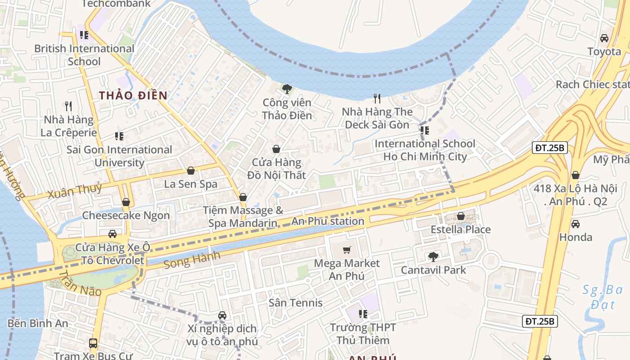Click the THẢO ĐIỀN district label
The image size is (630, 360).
coord(133,95)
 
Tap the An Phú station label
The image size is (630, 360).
coord(328,221)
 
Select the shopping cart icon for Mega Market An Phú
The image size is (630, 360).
coord(346,250)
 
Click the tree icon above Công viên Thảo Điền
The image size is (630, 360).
coord(287,89)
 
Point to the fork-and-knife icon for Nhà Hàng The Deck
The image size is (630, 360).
coord(377,98)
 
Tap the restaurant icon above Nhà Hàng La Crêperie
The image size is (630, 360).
coord(68,106)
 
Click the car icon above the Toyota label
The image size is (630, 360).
coord(604,38)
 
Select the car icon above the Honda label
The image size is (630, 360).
coord(575,224)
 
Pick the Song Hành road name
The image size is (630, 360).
coord(192,260)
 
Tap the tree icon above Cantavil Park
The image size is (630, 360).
coord(433,257)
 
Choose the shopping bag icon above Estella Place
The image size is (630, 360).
coord(460,216)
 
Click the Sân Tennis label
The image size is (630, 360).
coord(296,303)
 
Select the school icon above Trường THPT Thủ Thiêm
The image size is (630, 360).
coord(363,314)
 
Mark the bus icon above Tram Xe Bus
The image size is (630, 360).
coord(93,343)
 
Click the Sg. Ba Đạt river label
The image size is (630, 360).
coord(602,297)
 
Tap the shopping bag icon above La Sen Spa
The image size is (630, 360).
coord(190,171)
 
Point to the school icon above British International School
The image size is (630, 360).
coord(84,35)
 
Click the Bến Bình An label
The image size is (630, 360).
coord(38,323)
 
